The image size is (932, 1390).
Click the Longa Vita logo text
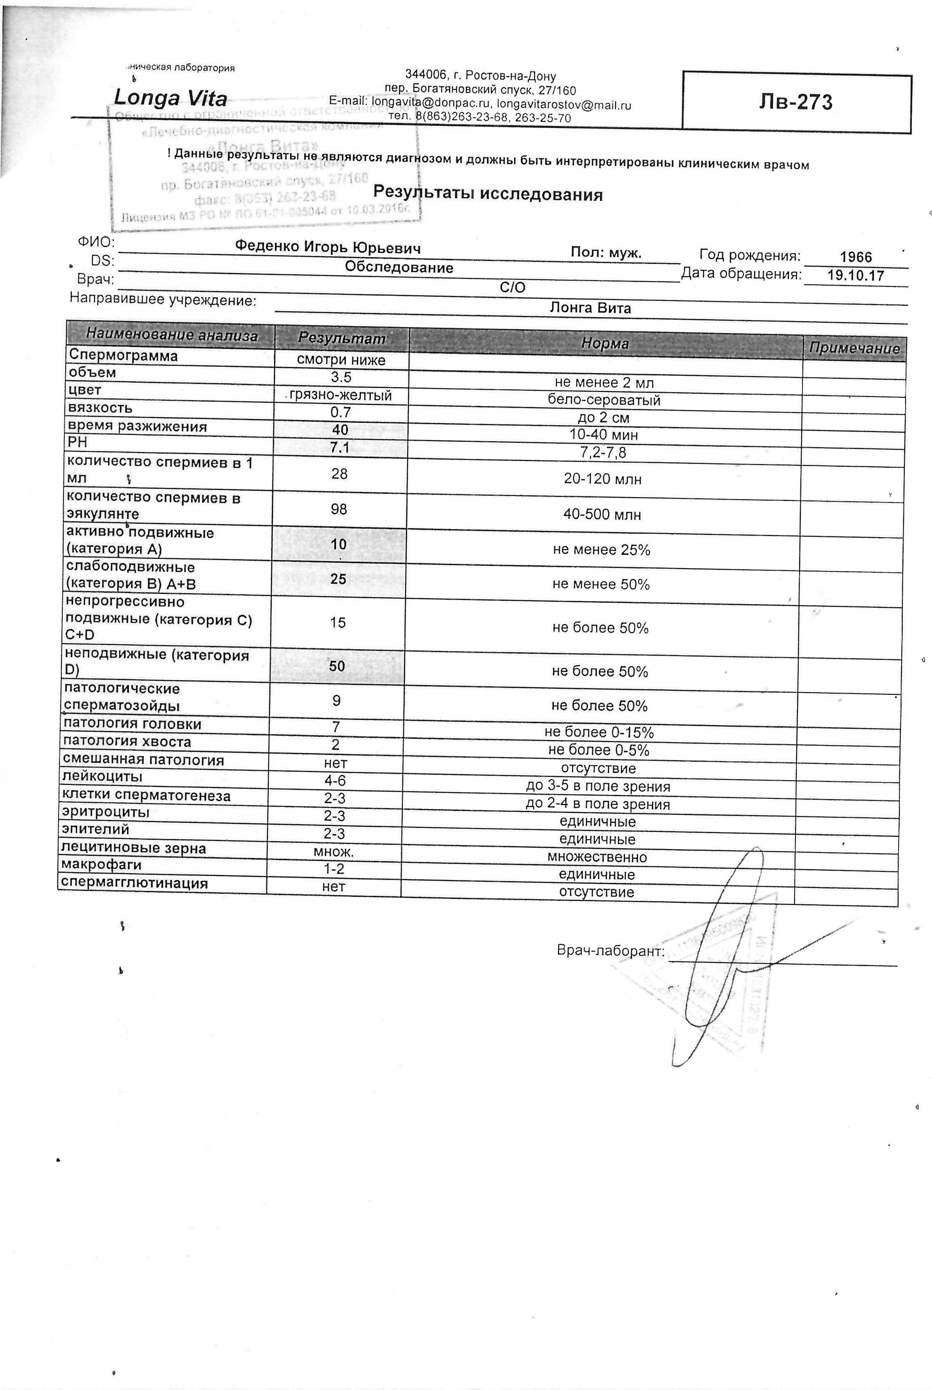[170, 97]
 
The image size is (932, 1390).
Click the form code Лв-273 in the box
[795, 102]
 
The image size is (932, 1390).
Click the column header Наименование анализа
[172, 335]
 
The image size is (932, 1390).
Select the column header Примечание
[854, 348]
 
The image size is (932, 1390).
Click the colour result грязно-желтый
[340, 395]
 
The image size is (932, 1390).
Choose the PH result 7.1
[340, 448]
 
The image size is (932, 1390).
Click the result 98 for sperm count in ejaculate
[338, 509]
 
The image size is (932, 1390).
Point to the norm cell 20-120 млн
[603, 479]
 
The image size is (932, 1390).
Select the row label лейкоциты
[102, 777]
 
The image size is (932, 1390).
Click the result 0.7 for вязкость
[341, 413]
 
